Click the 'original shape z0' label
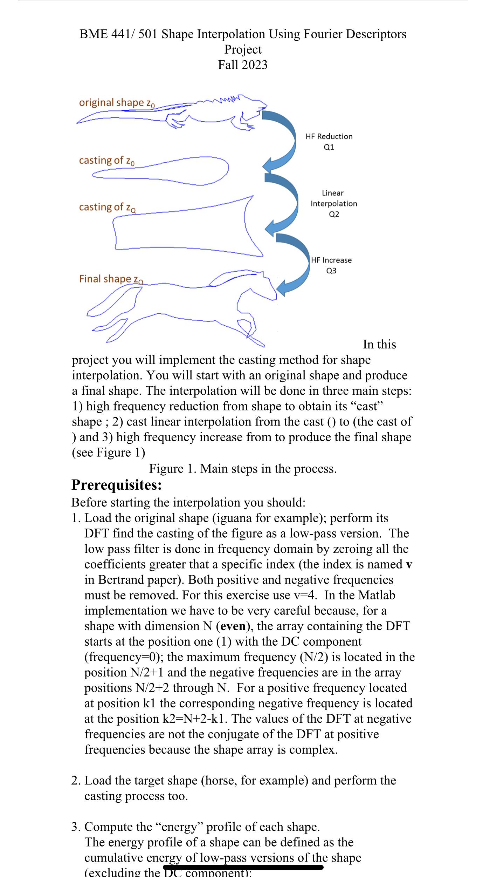[117, 103]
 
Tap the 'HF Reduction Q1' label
[329, 141]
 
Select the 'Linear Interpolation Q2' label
[334, 203]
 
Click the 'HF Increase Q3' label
[331, 265]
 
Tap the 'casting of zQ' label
[108, 207]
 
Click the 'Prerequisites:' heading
[117, 485]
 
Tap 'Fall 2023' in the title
[242, 65]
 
